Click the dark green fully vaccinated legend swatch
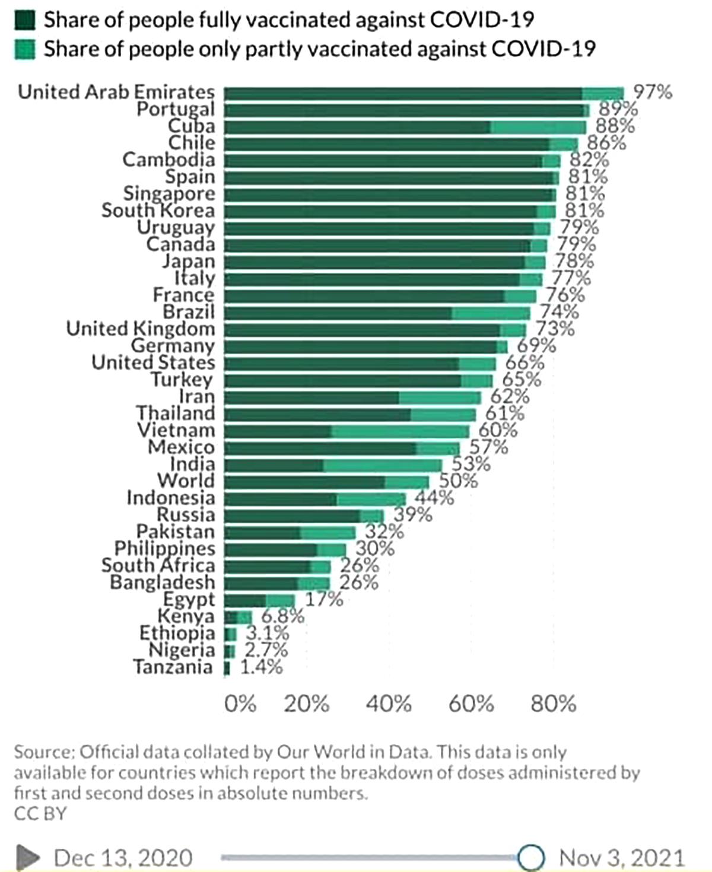click(25, 20)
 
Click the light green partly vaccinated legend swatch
click(25, 49)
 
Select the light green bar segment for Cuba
click(538, 127)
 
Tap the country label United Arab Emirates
click(116, 92)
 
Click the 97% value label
click(653, 92)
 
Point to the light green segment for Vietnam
click(400, 431)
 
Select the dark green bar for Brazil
click(338, 313)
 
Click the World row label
click(185, 481)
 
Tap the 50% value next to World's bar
click(458, 480)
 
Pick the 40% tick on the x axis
click(389, 704)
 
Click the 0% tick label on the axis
click(240, 704)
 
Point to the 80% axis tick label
click(554, 704)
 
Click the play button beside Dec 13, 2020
click(27, 857)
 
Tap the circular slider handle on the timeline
click(530, 857)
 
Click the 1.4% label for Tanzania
click(261, 667)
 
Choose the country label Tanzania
click(173, 667)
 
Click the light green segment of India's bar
click(383, 465)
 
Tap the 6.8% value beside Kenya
click(282, 616)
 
